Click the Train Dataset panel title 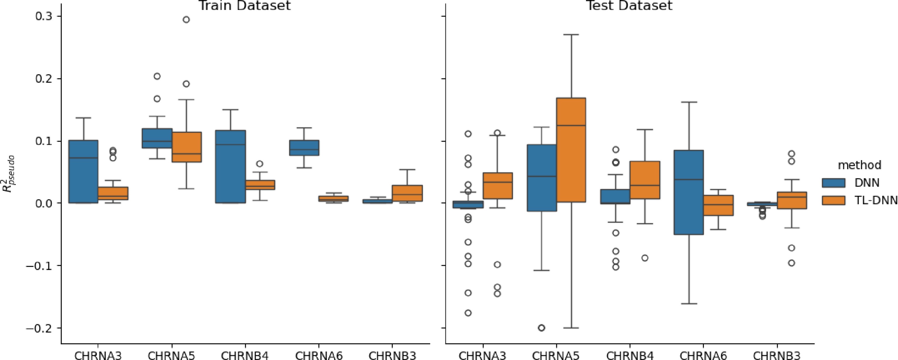click(244, 5)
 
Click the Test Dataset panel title click(630, 5)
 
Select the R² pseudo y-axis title click(10, 174)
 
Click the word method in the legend click(859, 165)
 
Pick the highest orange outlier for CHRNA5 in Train click(187, 20)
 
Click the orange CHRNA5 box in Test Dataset click(571, 150)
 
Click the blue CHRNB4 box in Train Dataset click(230, 167)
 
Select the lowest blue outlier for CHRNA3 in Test click(468, 313)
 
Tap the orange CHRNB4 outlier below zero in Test click(645, 258)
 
